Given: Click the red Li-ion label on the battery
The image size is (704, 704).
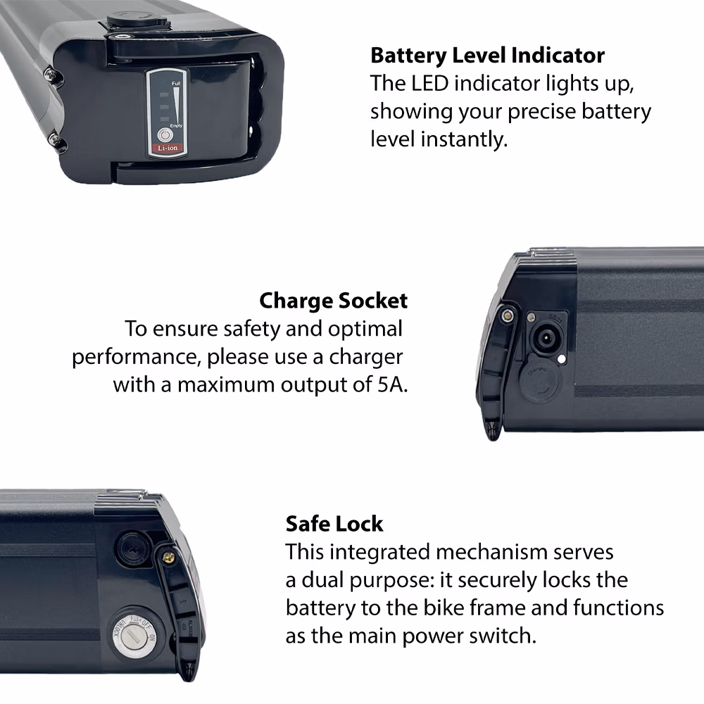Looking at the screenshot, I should [x=166, y=149].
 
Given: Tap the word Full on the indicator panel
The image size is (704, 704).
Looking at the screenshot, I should [x=176, y=84].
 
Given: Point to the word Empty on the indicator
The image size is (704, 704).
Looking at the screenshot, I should [x=176, y=125].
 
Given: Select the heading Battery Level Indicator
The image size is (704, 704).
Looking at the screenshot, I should [x=487, y=55].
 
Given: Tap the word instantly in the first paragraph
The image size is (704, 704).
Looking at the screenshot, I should [x=463, y=139].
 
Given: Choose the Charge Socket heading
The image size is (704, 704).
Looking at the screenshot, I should [x=333, y=301].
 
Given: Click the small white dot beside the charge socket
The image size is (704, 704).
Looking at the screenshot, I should [x=561, y=358].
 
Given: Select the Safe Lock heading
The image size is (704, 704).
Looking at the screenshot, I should [x=334, y=524].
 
